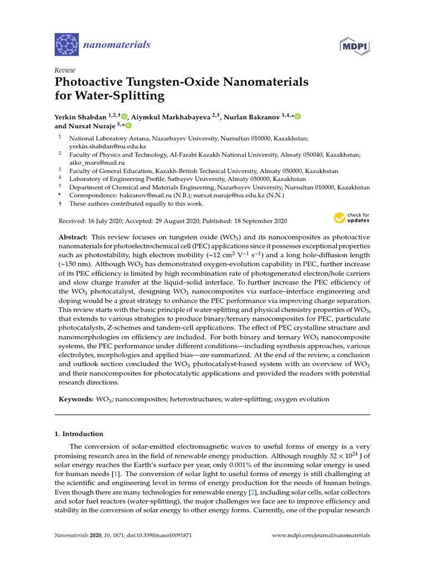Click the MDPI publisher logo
tap(354, 45)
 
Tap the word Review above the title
tap(64, 70)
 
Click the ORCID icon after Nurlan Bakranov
tap(298, 116)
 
